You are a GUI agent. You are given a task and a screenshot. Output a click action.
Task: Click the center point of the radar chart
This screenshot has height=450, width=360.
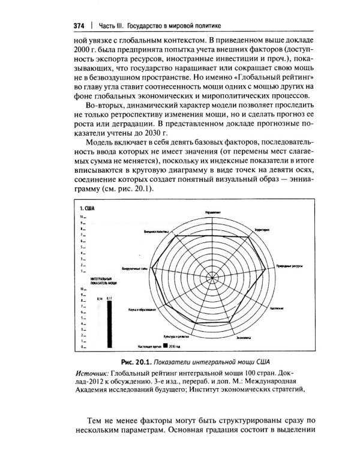click(x=215, y=275)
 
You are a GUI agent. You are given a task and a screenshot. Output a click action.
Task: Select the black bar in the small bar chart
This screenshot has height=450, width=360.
click(x=109, y=323)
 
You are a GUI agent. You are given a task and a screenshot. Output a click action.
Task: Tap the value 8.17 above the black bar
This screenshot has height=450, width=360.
click(x=109, y=298)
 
